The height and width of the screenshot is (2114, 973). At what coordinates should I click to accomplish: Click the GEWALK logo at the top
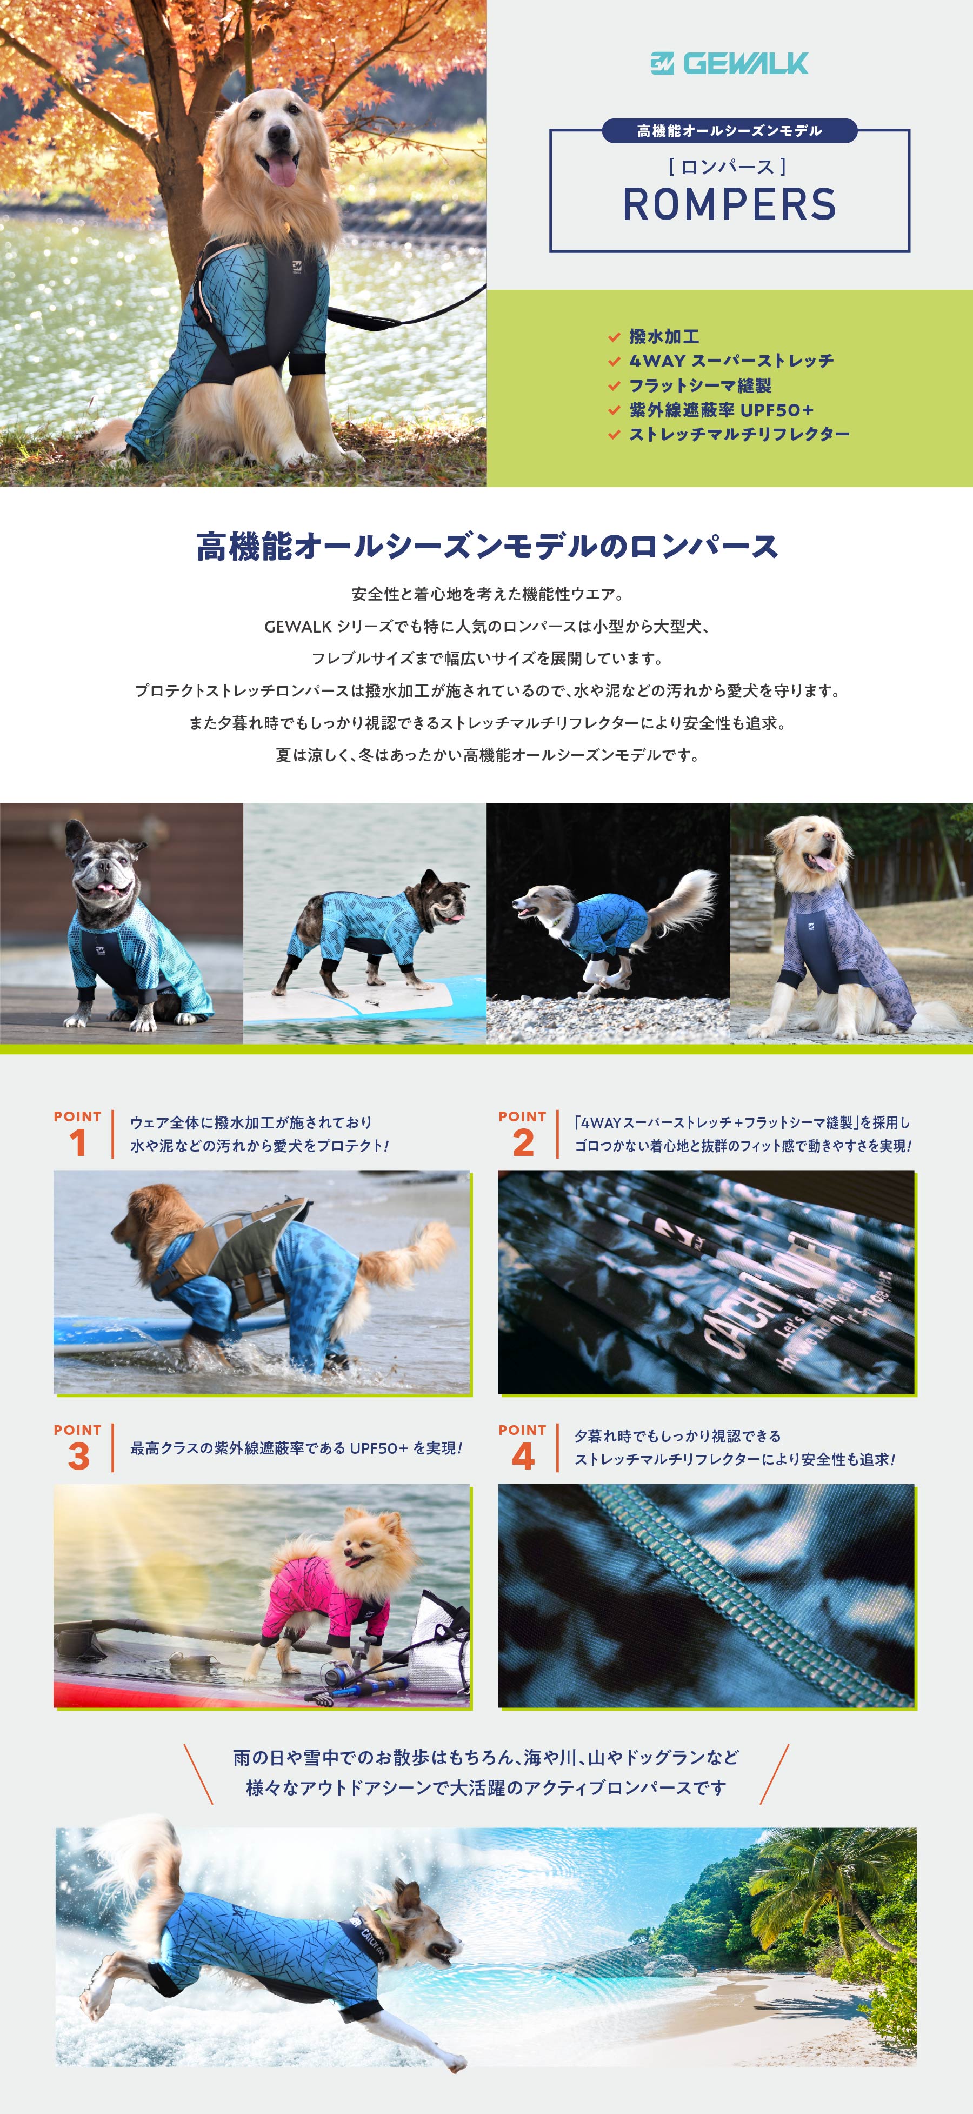(x=729, y=63)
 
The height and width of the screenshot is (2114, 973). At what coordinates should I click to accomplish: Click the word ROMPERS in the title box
(x=729, y=204)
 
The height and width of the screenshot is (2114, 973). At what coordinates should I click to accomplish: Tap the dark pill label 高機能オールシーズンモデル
(x=729, y=130)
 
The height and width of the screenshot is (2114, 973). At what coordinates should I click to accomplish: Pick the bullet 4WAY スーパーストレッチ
(x=731, y=361)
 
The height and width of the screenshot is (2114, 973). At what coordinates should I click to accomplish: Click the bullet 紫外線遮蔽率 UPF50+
(x=721, y=409)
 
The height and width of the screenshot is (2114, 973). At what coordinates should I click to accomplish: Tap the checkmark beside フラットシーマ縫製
(x=614, y=385)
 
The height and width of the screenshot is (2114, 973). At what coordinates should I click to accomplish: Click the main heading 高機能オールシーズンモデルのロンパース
(x=486, y=547)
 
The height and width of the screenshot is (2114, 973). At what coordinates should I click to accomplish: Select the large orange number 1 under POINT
(x=78, y=1142)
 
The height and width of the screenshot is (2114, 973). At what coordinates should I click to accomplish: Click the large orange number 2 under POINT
(x=523, y=1142)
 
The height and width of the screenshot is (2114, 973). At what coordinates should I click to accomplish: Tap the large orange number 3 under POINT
(x=78, y=1456)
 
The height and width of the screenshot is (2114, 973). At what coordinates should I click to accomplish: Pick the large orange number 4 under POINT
(x=523, y=1456)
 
